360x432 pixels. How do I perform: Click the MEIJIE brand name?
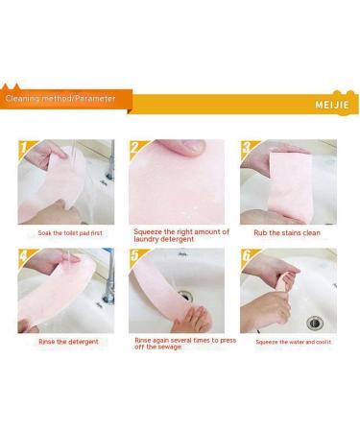coord(332,105)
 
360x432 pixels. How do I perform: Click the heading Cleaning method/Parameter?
coord(60,98)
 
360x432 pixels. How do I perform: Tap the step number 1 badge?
coord(24,148)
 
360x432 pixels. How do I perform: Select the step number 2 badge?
coord(134,148)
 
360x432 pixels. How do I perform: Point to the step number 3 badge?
coord(247,148)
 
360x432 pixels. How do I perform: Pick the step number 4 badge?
coord(24,256)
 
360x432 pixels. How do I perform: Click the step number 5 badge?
coord(134,256)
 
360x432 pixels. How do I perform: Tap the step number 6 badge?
coord(247,256)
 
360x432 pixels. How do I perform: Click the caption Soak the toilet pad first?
coord(70,233)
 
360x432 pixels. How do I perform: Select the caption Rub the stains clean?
coord(287,233)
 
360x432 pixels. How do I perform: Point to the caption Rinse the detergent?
coord(68,342)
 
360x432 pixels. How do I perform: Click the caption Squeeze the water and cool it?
coord(294,342)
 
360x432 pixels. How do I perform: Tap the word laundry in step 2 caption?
coord(146,239)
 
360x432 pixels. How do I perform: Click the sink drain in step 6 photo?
coord(315,323)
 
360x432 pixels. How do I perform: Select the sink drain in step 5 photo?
coord(185,295)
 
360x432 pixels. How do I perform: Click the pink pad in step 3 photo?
coord(290,187)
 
